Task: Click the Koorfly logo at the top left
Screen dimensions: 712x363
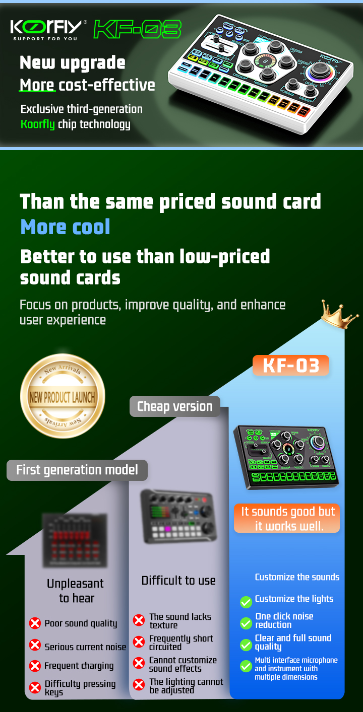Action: click(49, 29)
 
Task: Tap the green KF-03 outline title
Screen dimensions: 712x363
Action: click(137, 29)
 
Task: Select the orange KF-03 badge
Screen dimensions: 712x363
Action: click(291, 366)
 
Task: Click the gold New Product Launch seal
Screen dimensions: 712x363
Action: click(63, 396)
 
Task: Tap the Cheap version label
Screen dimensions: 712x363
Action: click(175, 406)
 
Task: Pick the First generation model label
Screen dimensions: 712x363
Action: click(77, 470)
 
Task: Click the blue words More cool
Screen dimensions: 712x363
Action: click(65, 227)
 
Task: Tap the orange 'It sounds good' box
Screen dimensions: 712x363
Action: click(287, 519)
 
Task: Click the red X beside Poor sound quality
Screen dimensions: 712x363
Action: click(35, 623)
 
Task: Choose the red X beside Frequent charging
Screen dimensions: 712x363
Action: click(35, 666)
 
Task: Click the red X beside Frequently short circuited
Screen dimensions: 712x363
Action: click(139, 642)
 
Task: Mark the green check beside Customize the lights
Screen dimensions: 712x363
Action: click(246, 602)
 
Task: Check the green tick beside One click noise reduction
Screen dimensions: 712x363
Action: click(246, 623)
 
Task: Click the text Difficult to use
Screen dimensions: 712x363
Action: click(178, 581)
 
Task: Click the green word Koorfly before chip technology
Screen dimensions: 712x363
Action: click(38, 124)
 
